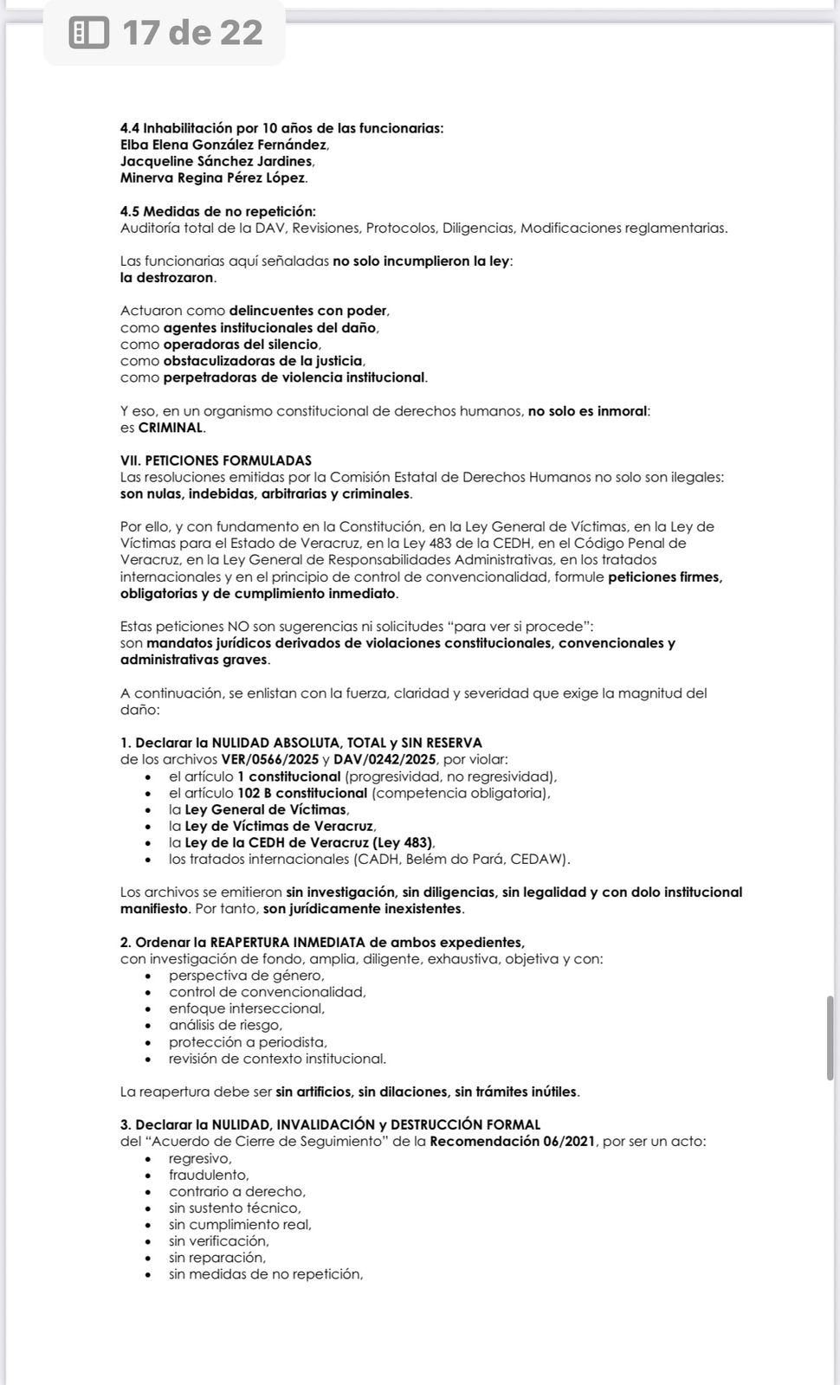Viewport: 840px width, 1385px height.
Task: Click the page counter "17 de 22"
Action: tap(192, 33)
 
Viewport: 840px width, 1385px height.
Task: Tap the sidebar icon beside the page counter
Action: tap(88, 33)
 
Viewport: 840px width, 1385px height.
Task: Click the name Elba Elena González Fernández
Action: tap(223, 145)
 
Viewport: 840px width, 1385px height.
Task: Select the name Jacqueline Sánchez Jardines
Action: tap(216, 161)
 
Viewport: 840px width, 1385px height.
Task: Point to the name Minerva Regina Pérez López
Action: tap(212, 177)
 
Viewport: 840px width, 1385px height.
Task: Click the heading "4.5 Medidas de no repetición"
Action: tap(217, 211)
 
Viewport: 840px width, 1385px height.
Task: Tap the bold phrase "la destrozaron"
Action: tap(166, 278)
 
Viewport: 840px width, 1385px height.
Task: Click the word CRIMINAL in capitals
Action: tap(171, 428)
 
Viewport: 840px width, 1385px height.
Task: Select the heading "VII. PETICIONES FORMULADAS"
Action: tap(216, 461)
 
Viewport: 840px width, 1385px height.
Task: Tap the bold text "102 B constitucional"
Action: tap(302, 793)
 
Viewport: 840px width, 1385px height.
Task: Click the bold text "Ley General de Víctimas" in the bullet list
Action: tap(266, 809)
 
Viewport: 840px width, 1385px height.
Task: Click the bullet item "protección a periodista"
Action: tap(248, 1042)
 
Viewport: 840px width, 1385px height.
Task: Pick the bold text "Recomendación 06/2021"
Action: tap(513, 1141)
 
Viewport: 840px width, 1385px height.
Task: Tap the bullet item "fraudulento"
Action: tap(208, 1175)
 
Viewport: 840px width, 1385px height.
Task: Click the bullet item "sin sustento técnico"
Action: tap(235, 1208)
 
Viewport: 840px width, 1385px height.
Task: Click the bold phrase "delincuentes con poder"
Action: tap(308, 311)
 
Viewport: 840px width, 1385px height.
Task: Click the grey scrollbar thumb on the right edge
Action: tap(830, 1038)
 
